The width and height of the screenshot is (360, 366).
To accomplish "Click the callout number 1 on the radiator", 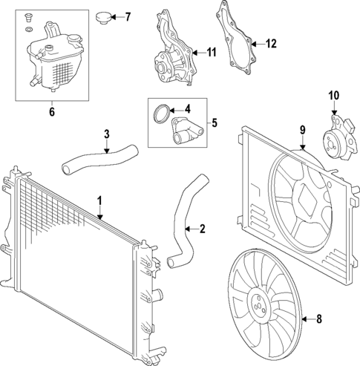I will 99,200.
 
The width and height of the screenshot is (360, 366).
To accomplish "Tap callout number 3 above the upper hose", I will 106,134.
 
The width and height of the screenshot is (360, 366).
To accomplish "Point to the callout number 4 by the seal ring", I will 187,108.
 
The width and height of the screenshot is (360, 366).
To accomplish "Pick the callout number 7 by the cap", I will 127,16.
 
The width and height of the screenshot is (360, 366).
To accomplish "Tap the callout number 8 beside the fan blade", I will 320,320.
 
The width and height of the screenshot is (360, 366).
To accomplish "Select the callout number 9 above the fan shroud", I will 303,131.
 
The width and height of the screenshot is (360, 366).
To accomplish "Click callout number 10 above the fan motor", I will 333,95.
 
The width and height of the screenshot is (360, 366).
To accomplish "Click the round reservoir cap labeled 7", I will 103,16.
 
